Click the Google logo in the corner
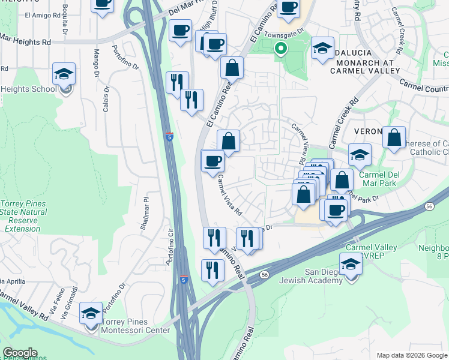tap(20, 353)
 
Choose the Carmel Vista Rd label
tap(229, 195)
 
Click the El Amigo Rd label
tap(39, 14)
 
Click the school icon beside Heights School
tap(64, 74)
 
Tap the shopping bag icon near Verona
tap(394, 137)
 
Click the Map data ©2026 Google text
tap(411, 355)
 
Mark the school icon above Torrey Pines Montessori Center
tap(91, 313)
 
